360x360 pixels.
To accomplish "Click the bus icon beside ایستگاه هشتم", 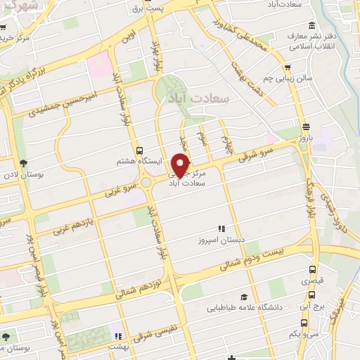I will point(139,150).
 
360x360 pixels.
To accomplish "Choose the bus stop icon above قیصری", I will point(312,269).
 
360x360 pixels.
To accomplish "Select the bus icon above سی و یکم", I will point(303,323).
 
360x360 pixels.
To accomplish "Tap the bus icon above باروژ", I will point(305,127).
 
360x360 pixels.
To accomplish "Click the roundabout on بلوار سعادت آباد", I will point(149,182).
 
